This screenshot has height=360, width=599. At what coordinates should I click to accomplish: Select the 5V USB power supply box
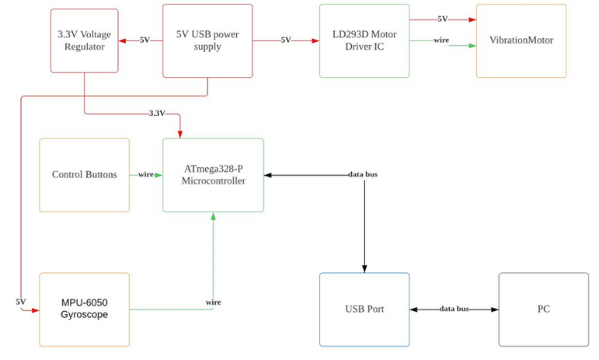tap(207, 40)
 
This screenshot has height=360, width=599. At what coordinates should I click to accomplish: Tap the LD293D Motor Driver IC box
tap(364, 40)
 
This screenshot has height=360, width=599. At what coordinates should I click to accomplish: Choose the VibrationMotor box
tap(521, 40)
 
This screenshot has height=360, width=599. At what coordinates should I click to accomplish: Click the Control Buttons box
tap(84, 175)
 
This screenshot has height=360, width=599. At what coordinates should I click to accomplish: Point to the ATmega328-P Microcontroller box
tap(213, 175)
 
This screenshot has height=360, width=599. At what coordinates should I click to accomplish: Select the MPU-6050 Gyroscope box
tap(84, 309)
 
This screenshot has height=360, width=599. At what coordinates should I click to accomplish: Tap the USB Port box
tap(364, 309)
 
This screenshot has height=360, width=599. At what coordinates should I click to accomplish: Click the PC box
tap(543, 309)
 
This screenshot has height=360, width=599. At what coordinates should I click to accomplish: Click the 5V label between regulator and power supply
tap(145, 40)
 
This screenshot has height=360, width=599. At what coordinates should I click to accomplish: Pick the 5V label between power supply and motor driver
tap(286, 40)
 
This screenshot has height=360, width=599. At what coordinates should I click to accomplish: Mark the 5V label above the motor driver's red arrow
tap(442, 19)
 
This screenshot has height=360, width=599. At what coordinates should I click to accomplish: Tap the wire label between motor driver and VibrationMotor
tap(441, 40)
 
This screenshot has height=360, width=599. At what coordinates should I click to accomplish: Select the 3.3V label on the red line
tap(157, 114)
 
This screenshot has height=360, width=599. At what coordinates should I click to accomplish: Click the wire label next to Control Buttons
tap(145, 175)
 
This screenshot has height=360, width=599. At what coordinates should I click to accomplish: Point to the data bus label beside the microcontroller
tap(363, 175)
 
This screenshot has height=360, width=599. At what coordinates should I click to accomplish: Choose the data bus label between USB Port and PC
tap(454, 309)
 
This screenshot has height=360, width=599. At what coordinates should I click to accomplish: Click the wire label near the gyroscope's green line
tap(213, 302)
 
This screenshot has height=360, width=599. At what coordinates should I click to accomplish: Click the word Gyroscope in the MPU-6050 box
tap(84, 315)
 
